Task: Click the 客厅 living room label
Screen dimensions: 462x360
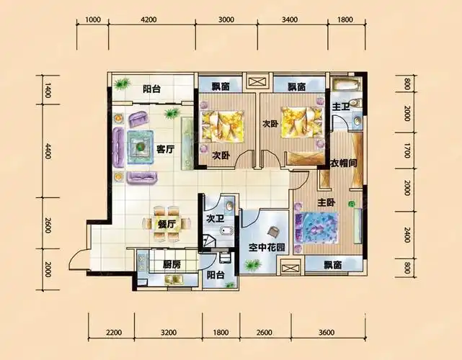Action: [x=165, y=149]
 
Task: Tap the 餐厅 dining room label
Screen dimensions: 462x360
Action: [x=166, y=225]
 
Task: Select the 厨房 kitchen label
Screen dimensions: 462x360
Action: [x=172, y=265]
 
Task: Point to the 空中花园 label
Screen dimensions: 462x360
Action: [x=267, y=248]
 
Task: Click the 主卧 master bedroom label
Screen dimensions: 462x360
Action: [x=326, y=202]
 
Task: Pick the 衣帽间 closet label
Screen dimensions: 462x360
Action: [x=344, y=163]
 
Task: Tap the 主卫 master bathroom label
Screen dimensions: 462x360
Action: [x=341, y=107]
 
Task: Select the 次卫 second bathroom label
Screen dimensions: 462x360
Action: [x=215, y=218]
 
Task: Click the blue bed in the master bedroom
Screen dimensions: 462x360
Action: [x=317, y=228]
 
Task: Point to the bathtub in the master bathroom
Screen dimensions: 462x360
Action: [x=346, y=85]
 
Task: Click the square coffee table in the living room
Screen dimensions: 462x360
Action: [x=141, y=147]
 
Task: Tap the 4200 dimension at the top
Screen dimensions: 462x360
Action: [x=148, y=19]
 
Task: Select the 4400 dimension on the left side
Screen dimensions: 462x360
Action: [x=48, y=150]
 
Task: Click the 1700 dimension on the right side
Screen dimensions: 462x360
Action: [x=407, y=150]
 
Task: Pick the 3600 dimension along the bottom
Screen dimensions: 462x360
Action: [x=326, y=333]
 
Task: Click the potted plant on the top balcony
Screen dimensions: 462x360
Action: [x=122, y=84]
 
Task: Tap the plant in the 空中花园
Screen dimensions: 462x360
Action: [x=253, y=265]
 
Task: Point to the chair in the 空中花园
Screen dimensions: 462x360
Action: [x=275, y=232]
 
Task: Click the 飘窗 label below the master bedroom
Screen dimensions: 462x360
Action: [x=333, y=265]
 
